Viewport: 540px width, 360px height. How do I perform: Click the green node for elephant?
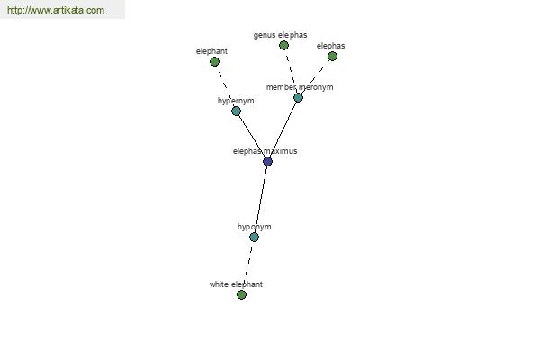214,62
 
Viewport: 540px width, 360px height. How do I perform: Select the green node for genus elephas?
283,45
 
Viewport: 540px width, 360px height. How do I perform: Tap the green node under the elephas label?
332,56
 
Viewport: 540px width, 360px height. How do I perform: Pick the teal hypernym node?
236,111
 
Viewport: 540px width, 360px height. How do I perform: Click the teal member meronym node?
298,97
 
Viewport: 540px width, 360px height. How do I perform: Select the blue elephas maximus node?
267,161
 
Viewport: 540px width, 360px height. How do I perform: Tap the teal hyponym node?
254,237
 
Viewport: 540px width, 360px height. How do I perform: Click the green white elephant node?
241,294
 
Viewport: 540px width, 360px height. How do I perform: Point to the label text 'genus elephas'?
280,35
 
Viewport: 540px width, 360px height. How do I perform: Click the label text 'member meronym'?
300,87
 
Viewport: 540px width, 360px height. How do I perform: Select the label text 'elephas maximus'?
265,151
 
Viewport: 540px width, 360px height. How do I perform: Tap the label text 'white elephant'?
236,284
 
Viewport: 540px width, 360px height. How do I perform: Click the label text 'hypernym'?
236,101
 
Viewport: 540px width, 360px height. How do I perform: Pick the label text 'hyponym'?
254,227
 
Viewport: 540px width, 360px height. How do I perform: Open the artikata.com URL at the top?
56,10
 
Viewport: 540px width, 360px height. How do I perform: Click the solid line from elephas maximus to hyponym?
261,199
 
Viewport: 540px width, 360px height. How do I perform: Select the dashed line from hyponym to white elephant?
248,265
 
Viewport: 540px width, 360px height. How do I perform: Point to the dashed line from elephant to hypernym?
225,86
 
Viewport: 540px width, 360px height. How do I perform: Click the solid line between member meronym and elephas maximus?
283,130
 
